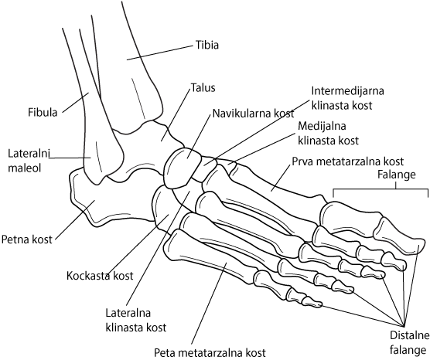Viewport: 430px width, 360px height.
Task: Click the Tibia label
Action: coord(207,45)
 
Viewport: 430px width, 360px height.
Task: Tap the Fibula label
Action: coord(43,112)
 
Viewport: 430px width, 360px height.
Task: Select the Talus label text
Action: coord(203,88)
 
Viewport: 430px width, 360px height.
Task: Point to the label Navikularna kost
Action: coord(254,113)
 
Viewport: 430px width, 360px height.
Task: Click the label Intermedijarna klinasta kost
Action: coord(347,98)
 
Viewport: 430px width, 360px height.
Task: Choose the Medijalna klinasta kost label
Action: coord(328,133)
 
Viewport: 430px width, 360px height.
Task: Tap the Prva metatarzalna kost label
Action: coord(348,161)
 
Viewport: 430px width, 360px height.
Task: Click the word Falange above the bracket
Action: coord(397,175)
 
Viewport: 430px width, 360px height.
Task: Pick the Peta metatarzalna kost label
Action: coord(210,352)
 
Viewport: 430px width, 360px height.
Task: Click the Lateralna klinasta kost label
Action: coord(136,320)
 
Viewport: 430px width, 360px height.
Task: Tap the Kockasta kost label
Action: coord(100,275)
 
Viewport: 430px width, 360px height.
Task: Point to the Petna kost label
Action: coord(26,239)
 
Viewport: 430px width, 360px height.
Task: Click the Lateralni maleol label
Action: coord(29,161)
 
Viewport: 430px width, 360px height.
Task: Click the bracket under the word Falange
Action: coord(381,189)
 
